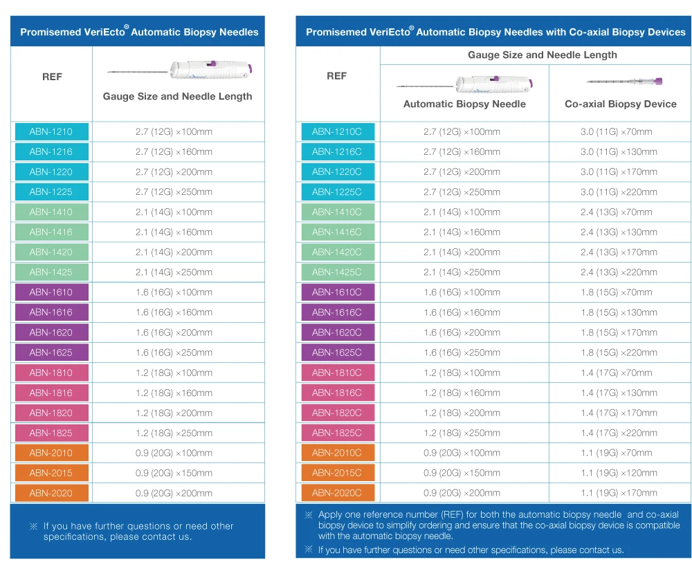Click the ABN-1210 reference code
click(x=51, y=132)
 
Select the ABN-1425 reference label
click(x=51, y=272)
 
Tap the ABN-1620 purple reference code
click(x=51, y=333)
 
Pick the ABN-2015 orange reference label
click(x=51, y=474)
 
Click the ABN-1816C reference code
click(x=337, y=393)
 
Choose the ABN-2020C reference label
click(x=337, y=493)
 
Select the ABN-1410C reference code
click(x=337, y=212)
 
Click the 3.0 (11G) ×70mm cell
click(x=617, y=132)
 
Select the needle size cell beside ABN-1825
click(x=174, y=433)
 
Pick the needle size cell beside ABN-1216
click(x=174, y=152)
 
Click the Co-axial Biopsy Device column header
click(x=621, y=104)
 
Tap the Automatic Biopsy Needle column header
click(x=464, y=104)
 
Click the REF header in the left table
click(x=52, y=77)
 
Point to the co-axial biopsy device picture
click(x=623, y=82)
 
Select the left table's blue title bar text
click(x=139, y=32)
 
